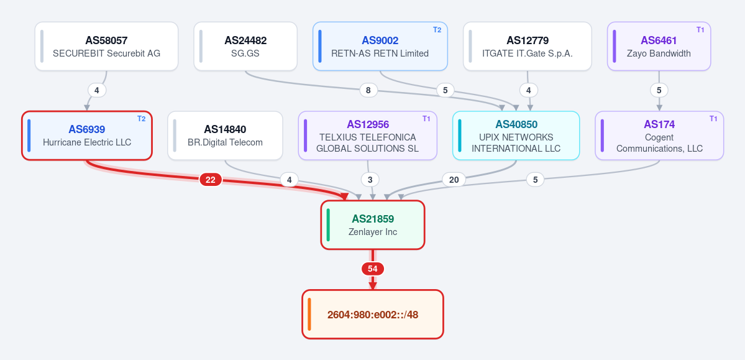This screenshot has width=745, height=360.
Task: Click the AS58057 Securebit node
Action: coord(106,46)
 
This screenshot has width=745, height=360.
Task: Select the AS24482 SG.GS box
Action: coord(245,46)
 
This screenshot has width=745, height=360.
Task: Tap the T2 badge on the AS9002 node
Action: coord(437,29)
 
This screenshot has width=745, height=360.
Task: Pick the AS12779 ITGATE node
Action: coord(528,46)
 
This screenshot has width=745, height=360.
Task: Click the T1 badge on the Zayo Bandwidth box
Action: coord(700,29)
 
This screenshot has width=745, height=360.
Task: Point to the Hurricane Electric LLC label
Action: coord(87,142)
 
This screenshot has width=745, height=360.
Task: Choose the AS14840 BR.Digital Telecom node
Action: coord(225,136)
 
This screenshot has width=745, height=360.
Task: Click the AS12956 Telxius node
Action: coord(368,136)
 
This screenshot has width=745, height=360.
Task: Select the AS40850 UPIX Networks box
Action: coord(516,136)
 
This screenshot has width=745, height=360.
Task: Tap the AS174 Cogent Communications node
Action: coord(659,136)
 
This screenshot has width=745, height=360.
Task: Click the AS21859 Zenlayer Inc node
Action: coord(373,225)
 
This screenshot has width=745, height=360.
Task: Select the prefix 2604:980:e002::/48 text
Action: coord(373,315)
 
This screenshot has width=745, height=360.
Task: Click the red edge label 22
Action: coord(211,179)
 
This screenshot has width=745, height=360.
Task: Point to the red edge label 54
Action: coord(373,269)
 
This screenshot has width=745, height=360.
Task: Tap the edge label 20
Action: coord(454,179)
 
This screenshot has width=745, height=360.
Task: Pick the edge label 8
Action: coord(368,90)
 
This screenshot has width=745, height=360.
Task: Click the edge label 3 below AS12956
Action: coord(370,179)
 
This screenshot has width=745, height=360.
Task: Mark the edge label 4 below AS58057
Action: coord(97,90)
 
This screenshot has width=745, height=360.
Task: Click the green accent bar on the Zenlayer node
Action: coord(328,225)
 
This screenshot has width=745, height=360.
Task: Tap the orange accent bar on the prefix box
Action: coord(309,315)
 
